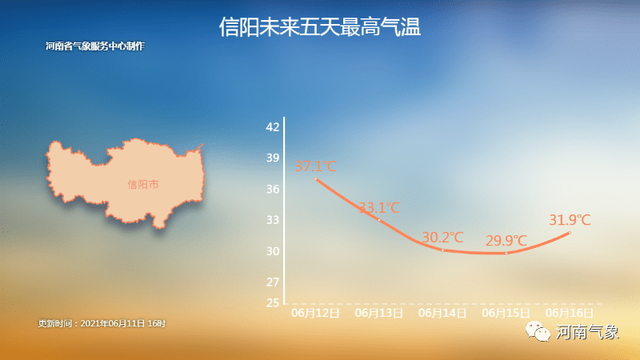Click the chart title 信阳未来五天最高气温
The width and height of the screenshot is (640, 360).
320,28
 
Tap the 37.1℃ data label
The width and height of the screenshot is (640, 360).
314,167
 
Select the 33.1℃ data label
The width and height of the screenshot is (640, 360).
378,208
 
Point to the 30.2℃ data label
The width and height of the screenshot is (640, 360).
442,238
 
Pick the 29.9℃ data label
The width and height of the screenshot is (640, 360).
506,241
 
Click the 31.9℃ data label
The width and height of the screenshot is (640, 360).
570,219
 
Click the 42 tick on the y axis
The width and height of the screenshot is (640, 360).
273,127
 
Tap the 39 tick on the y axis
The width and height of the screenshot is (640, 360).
273,158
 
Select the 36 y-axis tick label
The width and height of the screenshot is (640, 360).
273,190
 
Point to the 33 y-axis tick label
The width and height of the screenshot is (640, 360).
273,220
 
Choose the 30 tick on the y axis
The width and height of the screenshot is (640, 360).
273,251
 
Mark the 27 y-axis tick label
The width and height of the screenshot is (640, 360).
273,282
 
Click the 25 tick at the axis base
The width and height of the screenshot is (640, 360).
273,303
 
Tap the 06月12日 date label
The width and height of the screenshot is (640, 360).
315,313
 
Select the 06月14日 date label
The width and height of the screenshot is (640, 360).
442,313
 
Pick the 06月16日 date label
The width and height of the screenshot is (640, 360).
570,313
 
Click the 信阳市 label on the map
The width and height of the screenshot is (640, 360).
143,185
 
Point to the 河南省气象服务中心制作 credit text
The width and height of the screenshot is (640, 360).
95,46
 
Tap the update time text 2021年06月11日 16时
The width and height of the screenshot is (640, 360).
102,323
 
